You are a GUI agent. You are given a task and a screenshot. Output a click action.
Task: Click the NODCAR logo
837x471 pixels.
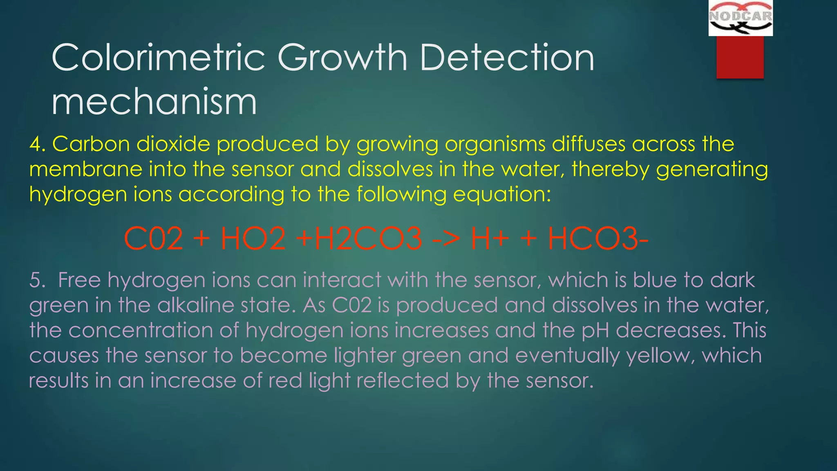740,18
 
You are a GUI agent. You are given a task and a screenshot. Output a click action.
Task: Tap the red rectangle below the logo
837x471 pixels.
740,57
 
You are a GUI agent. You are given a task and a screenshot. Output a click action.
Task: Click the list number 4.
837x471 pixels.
37,144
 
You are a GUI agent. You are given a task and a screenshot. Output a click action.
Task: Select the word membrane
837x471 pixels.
85,170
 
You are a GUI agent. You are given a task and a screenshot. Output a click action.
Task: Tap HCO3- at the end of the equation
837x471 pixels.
598,239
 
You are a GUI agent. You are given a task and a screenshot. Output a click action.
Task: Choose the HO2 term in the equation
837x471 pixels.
253,239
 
